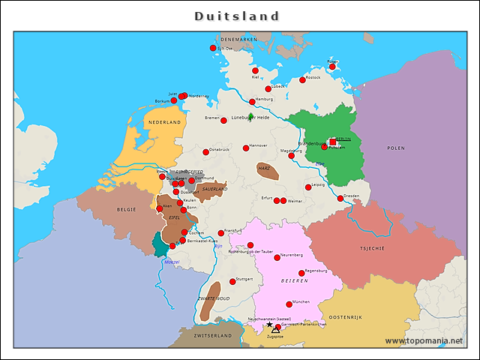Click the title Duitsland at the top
(x=237, y=16)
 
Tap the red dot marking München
(x=289, y=304)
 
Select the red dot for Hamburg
(x=253, y=102)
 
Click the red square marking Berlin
(x=333, y=142)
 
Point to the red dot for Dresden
(x=340, y=199)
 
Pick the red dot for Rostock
(x=303, y=80)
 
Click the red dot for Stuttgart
(x=232, y=282)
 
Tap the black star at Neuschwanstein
(x=270, y=325)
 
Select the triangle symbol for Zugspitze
(x=275, y=329)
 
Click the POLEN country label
(x=395, y=148)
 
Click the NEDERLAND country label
(x=164, y=121)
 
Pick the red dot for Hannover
(x=246, y=148)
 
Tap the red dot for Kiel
(x=256, y=71)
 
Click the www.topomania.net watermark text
(x=424, y=341)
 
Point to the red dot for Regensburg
(x=301, y=273)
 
